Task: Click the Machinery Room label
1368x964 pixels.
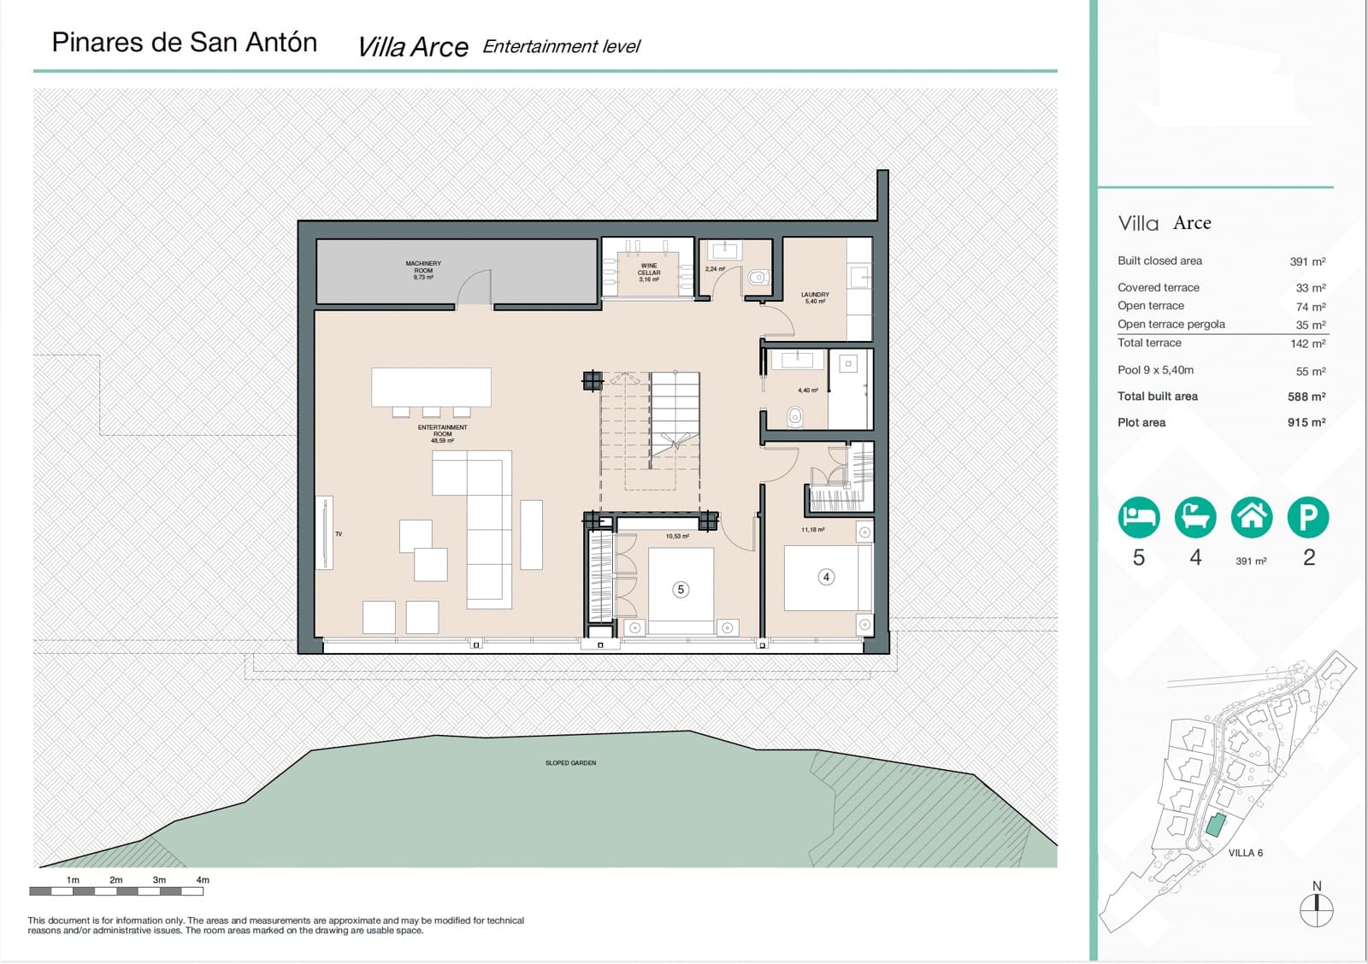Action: tap(423, 270)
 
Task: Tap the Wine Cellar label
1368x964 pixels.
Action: tap(649, 272)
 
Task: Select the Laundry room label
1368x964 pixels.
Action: tap(815, 297)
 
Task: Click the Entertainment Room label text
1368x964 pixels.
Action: tap(442, 432)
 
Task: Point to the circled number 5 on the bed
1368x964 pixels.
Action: tap(681, 590)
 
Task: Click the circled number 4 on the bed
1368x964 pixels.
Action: tap(826, 577)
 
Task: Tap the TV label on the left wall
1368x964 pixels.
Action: tap(339, 534)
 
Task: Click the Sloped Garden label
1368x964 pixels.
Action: tap(570, 762)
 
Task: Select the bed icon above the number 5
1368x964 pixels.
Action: tap(1139, 517)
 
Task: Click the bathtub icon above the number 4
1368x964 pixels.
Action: tap(1195, 517)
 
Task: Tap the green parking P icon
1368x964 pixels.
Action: tap(1308, 517)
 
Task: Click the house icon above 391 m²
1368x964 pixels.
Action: tap(1252, 517)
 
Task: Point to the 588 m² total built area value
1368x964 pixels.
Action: tap(1306, 397)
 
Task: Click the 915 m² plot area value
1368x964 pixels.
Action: tap(1306, 422)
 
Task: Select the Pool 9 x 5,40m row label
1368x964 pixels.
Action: tap(1155, 370)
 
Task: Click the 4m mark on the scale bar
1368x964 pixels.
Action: tap(203, 879)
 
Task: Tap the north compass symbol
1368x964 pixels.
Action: tap(1317, 909)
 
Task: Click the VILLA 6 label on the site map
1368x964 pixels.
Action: tap(1245, 853)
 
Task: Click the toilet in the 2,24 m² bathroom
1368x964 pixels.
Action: tap(758, 278)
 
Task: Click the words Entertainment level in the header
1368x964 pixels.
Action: tap(561, 46)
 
